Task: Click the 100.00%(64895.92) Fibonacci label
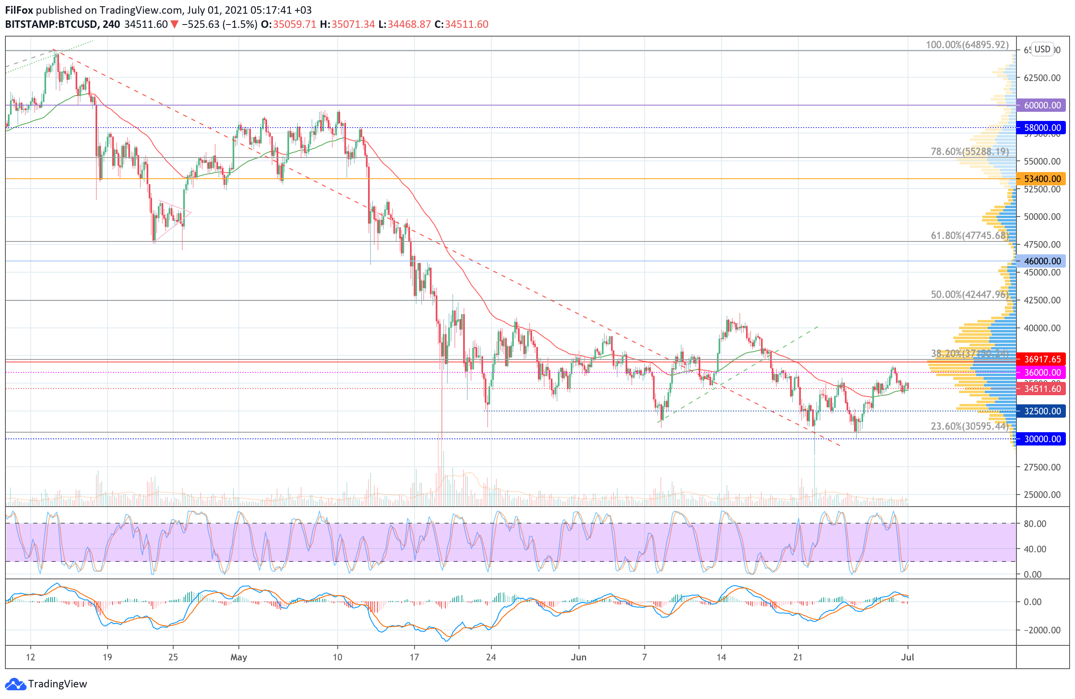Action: [x=967, y=45]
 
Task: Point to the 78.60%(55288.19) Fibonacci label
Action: [x=969, y=151]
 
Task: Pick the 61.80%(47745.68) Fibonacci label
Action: [x=969, y=235]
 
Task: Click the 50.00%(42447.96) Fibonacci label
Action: [x=969, y=295]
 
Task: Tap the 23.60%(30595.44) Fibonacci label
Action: [x=969, y=426]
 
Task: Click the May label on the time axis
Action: [x=238, y=657]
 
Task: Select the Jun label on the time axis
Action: [x=579, y=657]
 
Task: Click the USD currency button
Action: [x=1043, y=49]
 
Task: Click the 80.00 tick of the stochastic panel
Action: [x=1035, y=524]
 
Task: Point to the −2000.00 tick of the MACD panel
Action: [x=1038, y=630]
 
